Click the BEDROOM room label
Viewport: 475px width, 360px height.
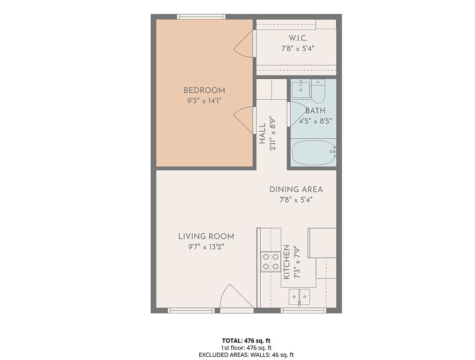(x=204, y=90)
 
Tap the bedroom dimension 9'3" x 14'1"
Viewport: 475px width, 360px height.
(x=204, y=100)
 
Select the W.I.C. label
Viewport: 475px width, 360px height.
(x=298, y=38)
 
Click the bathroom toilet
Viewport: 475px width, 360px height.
(x=318, y=90)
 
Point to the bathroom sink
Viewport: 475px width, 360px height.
(x=301, y=89)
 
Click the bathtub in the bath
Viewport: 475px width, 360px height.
(x=313, y=152)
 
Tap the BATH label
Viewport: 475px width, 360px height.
(x=316, y=111)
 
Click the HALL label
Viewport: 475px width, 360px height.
(x=262, y=133)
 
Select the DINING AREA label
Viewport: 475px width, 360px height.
(x=296, y=189)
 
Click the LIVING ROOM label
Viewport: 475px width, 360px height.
(x=206, y=236)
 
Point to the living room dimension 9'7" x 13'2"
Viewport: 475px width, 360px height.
(x=206, y=247)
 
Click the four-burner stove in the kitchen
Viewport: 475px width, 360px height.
(x=271, y=262)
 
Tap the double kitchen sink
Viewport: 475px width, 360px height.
(x=299, y=297)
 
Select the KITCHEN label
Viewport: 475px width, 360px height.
(x=287, y=262)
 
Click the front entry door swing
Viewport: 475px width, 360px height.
(x=236, y=296)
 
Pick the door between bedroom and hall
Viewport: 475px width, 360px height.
(x=243, y=120)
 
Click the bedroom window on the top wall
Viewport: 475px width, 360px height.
(x=201, y=17)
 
